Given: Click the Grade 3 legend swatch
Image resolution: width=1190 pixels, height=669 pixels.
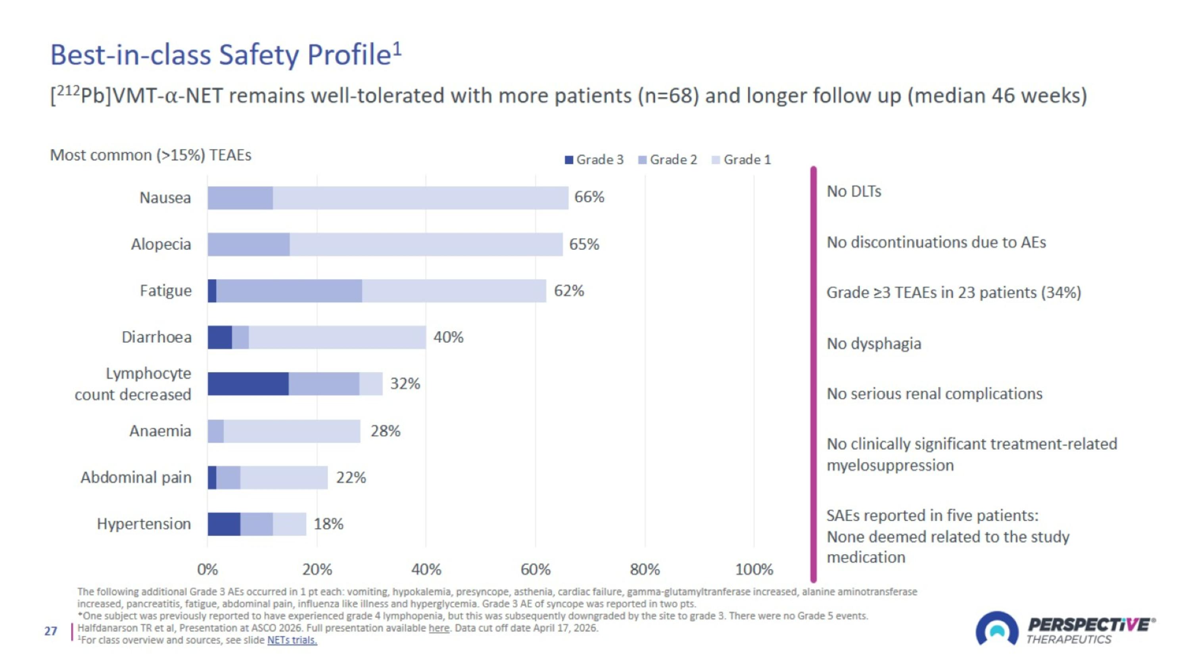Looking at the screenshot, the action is click(569, 160).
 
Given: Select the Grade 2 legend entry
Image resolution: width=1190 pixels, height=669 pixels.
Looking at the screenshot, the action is click(668, 160).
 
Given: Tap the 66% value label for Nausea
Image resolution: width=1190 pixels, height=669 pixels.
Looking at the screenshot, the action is click(589, 197).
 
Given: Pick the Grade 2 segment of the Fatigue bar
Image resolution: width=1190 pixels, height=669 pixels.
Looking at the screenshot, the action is click(289, 291).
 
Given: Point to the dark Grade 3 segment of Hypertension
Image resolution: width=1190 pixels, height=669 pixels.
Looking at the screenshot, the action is click(224, 524).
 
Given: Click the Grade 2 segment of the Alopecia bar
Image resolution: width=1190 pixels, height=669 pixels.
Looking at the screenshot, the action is click(249, 244).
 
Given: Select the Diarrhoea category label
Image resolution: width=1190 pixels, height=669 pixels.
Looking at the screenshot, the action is click(157, 337).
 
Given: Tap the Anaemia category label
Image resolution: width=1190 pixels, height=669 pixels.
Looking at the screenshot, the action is click(160, 431).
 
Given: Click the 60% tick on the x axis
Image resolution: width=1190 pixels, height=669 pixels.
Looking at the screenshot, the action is click(535, 569).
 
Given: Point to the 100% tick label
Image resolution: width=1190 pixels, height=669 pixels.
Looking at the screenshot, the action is click(754, 569).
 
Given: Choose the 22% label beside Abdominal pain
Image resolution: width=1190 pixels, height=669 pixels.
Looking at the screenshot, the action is click(351, 477).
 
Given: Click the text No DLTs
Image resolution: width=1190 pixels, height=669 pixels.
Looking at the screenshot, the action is click(854, 191).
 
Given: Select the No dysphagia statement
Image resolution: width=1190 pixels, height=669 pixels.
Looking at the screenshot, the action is click(874, 343).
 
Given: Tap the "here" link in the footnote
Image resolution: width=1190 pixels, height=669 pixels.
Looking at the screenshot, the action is click(439, 628).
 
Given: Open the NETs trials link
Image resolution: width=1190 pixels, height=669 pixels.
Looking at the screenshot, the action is click(292, 640).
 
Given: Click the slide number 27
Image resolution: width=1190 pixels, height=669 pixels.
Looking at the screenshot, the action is click(51, 631).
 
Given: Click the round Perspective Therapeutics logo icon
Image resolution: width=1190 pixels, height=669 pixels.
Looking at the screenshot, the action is click(997, 629).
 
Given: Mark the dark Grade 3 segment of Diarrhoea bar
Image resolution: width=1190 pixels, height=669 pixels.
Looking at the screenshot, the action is click(220, 337).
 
